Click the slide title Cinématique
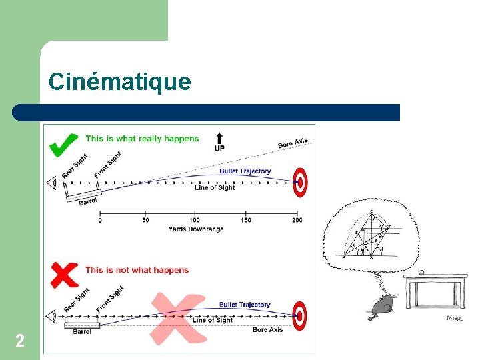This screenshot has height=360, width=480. click(119, 82)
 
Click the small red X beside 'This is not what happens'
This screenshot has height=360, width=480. click(65, 273)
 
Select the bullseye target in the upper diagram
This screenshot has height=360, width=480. click(301, 181)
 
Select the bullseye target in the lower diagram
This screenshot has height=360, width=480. click(301, 315)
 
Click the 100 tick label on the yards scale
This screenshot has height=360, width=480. click(194, 220)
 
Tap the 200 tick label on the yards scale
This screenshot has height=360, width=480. click(297, 220)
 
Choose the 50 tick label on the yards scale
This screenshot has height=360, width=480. click(145, 220)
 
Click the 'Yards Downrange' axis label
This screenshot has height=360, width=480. click(195, 229)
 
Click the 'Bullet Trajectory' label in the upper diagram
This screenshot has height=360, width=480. click(245, 171)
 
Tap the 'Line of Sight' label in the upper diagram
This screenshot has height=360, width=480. click(215, 188)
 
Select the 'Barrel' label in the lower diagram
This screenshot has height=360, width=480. click(82, 331)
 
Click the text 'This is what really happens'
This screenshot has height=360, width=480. click(142, 139)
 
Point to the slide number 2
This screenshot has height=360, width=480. click(20, 342)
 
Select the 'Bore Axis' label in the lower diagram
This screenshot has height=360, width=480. click(267, 330)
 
